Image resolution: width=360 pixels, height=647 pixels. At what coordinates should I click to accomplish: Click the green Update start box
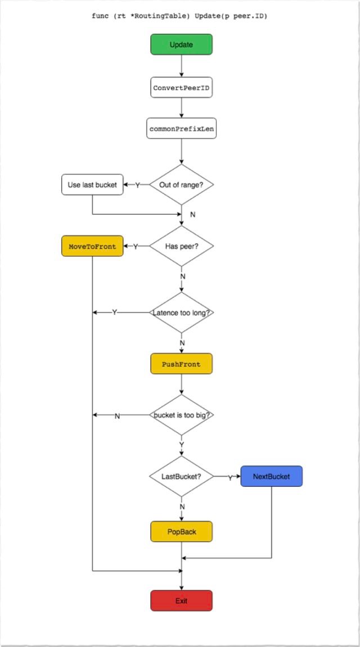[x=181, y=44]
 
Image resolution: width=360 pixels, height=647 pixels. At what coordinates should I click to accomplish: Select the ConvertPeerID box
[x=181, y=88]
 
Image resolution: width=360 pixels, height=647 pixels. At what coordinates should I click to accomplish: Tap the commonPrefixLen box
[x=181, y=128]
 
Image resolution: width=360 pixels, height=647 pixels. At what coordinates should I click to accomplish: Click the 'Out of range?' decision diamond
[x=181, y=184]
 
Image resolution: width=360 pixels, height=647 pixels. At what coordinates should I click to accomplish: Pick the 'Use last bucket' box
[x=92, y=184]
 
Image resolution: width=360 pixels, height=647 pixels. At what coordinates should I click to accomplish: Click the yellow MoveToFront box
[x=92, y=246]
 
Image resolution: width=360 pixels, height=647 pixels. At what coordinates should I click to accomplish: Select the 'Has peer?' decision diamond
[x=181, y=246]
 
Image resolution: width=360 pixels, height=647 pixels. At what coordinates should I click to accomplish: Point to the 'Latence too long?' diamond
[x=181, y=313]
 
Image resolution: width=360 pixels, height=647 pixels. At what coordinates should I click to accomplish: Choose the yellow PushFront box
[x=181, y=364]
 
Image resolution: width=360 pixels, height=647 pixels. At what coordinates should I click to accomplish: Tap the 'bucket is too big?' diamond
[x=181, y=415]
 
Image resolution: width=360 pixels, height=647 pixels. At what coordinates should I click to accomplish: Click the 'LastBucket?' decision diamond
[x=181, y=476]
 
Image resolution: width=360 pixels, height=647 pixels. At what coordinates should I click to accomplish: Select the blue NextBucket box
[x=272, y=476]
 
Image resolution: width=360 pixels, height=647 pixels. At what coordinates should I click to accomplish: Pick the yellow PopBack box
[x=181, y=531]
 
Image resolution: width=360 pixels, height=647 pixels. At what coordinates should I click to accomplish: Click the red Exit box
[x=181, y=600]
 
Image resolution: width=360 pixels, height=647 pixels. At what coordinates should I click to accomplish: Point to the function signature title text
[x=179, y=17]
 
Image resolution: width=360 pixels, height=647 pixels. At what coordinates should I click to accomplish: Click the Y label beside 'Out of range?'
[x=137, y=185]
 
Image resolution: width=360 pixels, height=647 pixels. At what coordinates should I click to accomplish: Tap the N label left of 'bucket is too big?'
[x=117, y=416]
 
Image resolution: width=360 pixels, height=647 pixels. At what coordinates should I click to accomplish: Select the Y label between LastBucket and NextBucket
[x=231, y=477]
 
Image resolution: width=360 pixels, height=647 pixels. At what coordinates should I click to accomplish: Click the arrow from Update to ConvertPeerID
[x=181, y=66]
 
